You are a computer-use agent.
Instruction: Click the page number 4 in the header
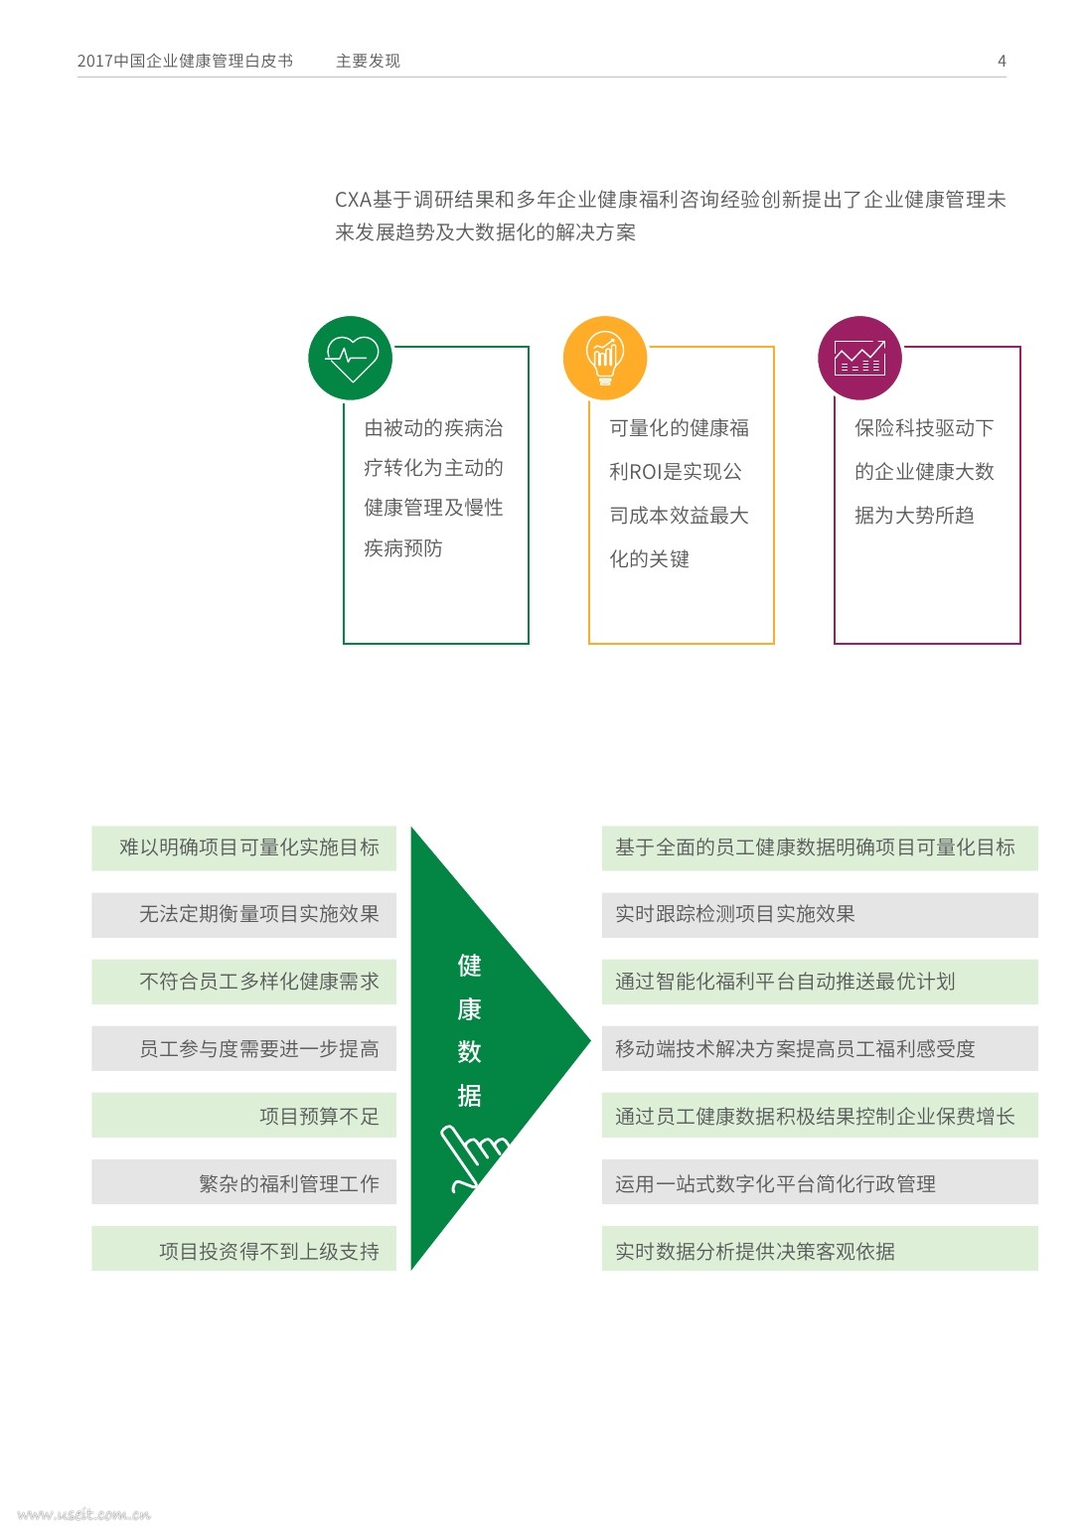pos(1002,61)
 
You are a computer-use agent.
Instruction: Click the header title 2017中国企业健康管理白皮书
pos(185,61)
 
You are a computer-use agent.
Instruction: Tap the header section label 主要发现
pos(368,61)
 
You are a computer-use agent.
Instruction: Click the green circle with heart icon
pos(351,359)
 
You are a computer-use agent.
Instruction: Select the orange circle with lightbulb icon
pos(605,359)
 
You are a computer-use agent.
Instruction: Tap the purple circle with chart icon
pos(859,359)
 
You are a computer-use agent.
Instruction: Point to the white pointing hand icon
pos(472,1156)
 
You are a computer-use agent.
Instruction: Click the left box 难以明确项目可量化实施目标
pos(244,847)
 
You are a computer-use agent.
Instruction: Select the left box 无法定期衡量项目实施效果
pos(244,915)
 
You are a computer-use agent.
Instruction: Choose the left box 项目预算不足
pos(244,1116)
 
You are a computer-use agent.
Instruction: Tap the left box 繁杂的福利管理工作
pos(244,1182)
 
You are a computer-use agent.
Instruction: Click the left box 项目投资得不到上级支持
pos(244,1250)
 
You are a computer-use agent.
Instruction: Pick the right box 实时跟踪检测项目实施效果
pos(819,915)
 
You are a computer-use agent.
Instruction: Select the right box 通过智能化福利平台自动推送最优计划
pos(819,982)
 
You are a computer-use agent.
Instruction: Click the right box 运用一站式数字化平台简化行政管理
pos(819,1182)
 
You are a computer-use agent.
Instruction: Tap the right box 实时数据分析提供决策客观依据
pos(819,1250)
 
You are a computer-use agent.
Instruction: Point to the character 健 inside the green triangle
pos(469,965)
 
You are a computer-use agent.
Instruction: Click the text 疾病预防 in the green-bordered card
pos(403,548)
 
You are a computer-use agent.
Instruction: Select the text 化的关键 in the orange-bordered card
pos(649,559)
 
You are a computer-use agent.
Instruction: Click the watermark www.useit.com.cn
pos(83,1514)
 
